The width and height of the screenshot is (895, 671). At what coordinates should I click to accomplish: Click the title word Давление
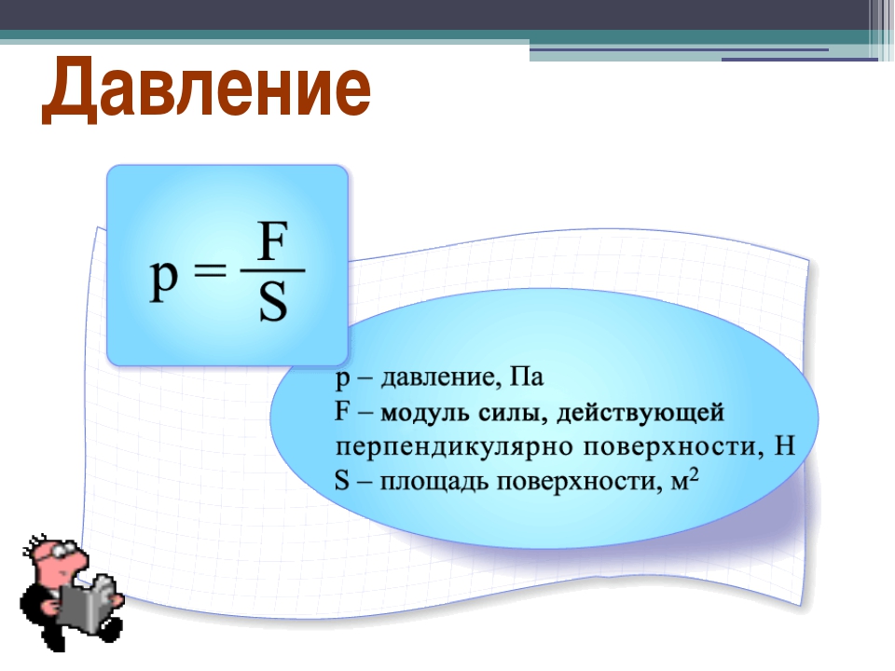click(x=207, y=89)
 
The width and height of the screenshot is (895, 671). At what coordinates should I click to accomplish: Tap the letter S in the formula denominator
click(x=273, y=302)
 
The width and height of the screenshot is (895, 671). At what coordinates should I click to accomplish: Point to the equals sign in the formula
click(x=210, y=277)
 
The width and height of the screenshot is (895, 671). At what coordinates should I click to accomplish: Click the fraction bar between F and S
click(x=273, y=270)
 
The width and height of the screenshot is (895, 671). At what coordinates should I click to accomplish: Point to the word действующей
click(x=640, y=413)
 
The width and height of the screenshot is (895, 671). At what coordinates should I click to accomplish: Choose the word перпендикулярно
click(x=454, y=446)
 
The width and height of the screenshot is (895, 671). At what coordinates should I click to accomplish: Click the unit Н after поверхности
click(x=784, y=445)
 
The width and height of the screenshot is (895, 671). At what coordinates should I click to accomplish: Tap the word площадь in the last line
click(x=434, y=482)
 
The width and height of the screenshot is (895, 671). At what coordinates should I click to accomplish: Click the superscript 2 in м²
click(x=694, y=476)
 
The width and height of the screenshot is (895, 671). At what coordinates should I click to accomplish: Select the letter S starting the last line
click(x=341, y=481)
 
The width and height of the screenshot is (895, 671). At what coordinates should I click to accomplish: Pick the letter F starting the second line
click(x=342, y=411)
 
